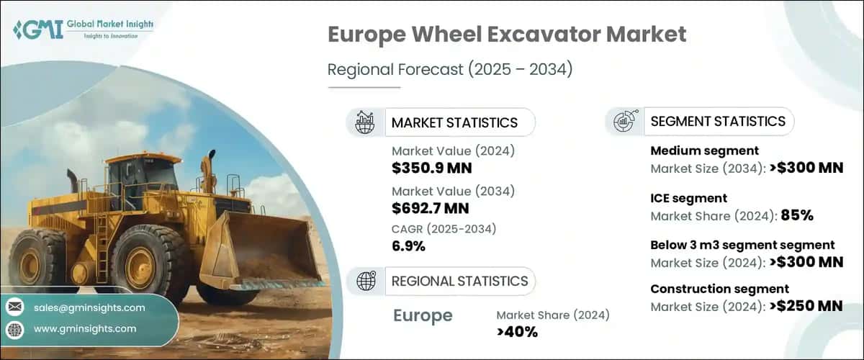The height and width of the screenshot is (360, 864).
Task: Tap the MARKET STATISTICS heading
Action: point(454,122)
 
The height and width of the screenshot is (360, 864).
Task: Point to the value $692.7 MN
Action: point(430,209)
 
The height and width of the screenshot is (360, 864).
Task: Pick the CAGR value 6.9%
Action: point(408,246)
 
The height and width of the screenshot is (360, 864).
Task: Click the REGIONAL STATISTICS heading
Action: point(459,281)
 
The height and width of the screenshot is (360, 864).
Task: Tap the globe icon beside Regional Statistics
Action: point(366,282)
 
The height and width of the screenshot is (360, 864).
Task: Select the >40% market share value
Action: point(517,331)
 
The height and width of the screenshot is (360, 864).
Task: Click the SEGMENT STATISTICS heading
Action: point(718,121)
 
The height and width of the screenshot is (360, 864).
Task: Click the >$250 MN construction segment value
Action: point(805,306)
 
